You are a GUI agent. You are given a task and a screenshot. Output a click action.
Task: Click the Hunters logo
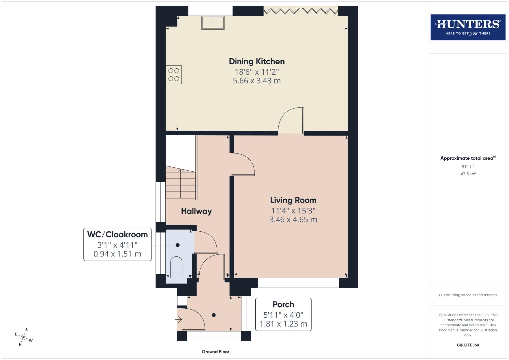(x=468, y=27)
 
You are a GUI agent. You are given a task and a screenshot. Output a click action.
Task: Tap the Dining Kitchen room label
(x=257, y=61)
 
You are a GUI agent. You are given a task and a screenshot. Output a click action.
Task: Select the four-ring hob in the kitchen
(x=174, y=75)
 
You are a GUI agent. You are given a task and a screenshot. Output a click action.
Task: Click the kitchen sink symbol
(x=213, y=22)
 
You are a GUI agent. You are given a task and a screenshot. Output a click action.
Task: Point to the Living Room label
(x=293, y=200)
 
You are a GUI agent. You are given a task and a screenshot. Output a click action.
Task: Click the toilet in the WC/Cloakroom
(x=176, y=267)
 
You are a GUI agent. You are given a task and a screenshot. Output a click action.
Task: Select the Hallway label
(x=196, y=211)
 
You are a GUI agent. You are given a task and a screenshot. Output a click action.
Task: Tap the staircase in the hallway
(x=180, y=183)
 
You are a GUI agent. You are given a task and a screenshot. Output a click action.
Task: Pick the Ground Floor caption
(x=216, y=351)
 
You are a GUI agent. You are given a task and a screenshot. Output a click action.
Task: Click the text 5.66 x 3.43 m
(x=257, y=81)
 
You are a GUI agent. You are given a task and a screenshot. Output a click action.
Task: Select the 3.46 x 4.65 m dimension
(x=293, y=220)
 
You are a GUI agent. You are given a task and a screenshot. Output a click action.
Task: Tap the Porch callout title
(x=283, y=304)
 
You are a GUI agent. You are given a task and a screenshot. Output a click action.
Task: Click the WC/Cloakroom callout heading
(x=117, y=234)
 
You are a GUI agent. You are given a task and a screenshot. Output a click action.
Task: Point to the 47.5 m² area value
(x=468, y=174)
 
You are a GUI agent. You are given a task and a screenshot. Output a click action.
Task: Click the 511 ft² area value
(x=468, y=167)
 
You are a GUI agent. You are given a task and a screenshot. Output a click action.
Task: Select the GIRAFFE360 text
(x=468, y=345)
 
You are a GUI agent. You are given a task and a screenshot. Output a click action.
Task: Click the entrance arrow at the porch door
(x=178, y=320)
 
